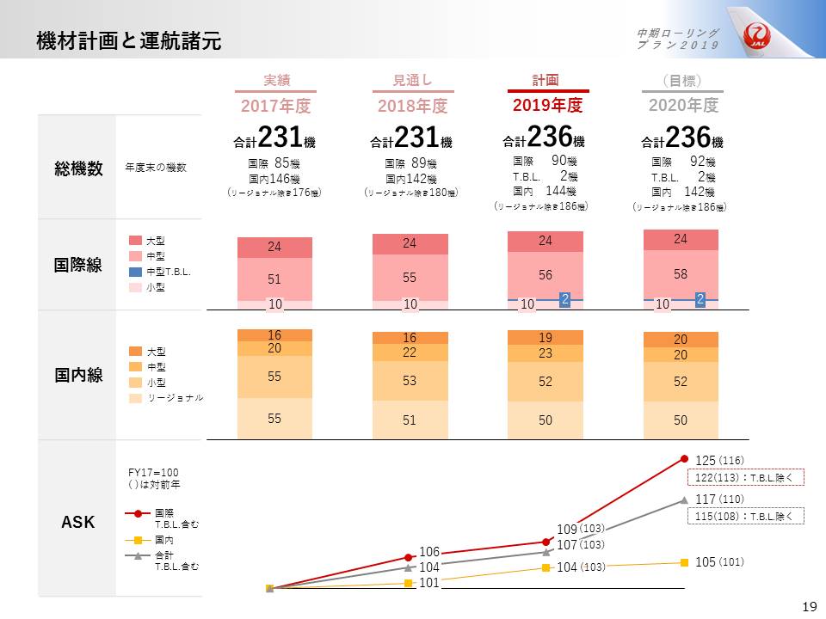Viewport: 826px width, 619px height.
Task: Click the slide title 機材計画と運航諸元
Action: click(x=129, y=41)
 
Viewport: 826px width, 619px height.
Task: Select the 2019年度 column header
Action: click(x=547, y=106)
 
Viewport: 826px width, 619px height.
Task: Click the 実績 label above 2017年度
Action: click(x=275, y=80)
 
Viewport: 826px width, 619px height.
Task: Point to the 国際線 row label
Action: click(x=77, y=266)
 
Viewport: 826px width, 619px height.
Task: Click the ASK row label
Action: click(x=77, y=523)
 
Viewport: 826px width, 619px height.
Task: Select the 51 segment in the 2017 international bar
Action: click(x=274, y=279)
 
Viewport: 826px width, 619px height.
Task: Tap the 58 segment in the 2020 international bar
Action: click(x=681, y=273)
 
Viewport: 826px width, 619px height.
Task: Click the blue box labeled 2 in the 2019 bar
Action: click(x=565, y=299)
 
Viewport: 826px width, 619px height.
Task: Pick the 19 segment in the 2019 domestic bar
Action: click(x=546, y=337)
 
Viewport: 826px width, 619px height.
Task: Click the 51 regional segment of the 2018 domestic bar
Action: click(x=410, y=420)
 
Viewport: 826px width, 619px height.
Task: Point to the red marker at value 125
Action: click(x=685, y=458)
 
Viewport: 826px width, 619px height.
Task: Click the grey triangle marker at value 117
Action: click(x=685, y=499)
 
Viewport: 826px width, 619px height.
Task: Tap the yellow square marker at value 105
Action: click(x=685, y=562)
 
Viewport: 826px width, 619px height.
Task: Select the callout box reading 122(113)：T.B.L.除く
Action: click(x=745, y=477)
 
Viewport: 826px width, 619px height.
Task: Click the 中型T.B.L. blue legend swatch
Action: click(x=136, y=272)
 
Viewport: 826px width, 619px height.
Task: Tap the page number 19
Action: click(x=809, y=606)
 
